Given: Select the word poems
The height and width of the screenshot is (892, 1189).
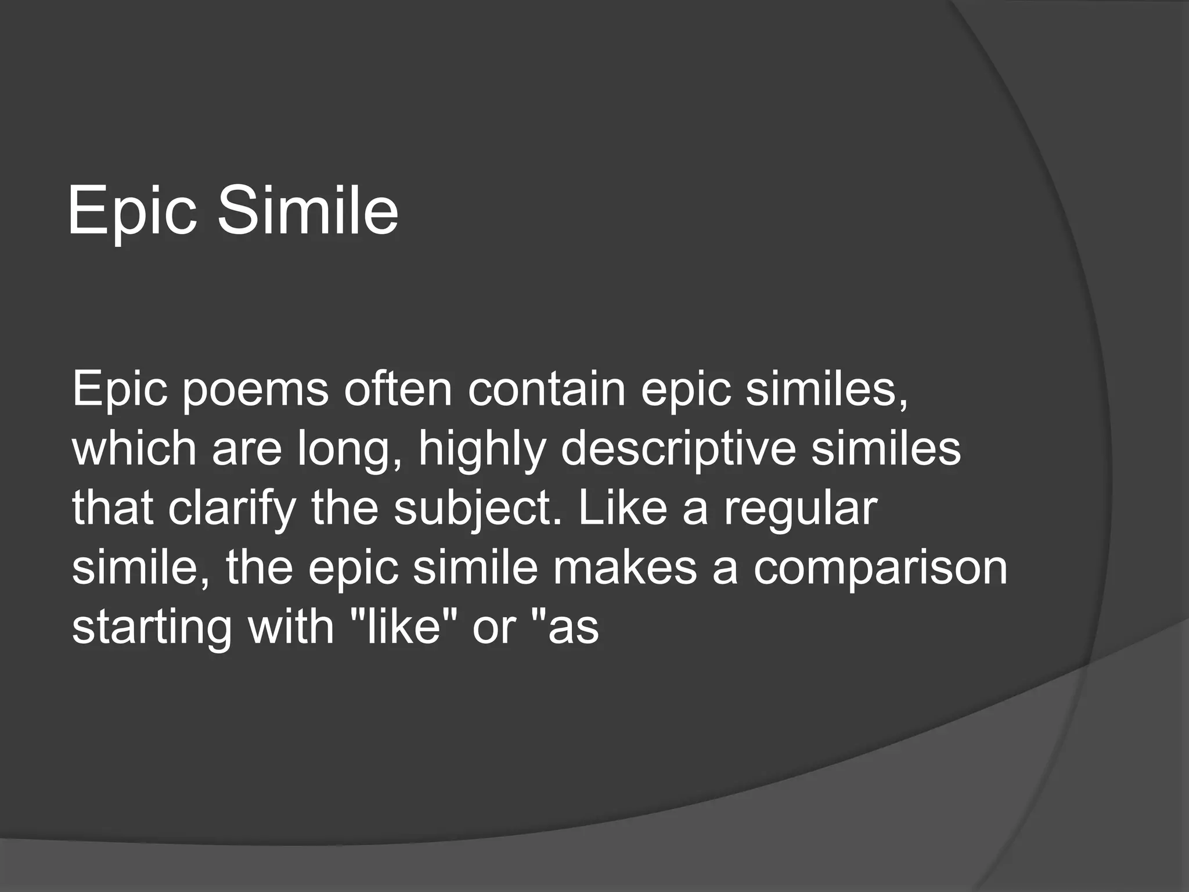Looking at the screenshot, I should (x=256, y=390).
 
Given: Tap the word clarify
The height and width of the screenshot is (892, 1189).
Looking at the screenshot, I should (x=232, y=509).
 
